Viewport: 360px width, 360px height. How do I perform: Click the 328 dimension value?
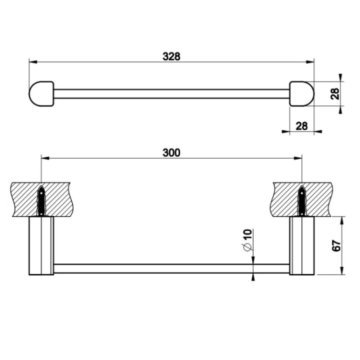click(x=171, y=56)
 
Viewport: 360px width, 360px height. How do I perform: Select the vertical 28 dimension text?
click(x=335, y=93)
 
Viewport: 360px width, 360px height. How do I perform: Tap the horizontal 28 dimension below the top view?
click(x=301, y=126)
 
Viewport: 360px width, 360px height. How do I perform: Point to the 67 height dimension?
click(x=336, y=245)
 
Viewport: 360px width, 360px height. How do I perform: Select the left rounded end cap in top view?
click(x=41, y=93)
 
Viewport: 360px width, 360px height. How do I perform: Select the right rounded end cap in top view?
click(x=301, y=93)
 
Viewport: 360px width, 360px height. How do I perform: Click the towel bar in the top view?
click(x=171, y=93)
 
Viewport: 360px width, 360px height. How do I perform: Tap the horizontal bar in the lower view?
click(x=171, y=268)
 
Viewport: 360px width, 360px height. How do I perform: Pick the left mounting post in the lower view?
click(x=40, y=245)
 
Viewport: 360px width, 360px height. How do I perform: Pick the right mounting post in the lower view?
click(x=302, y=245)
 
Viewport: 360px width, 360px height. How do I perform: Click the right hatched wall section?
click(x=320, y=198)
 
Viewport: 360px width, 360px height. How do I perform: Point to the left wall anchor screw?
click(x=41, y=200)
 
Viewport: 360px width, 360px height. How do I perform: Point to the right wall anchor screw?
click(x=302, y=200)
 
